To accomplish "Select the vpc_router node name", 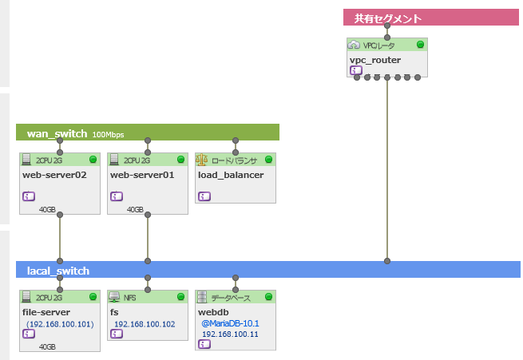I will tap(375, 59).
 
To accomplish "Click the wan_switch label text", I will tap(56, 133).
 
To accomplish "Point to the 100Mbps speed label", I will tap(108, 134).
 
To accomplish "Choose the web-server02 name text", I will tap(54, 175).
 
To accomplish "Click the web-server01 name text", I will tap(142, 175).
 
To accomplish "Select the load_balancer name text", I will tap(231, 175).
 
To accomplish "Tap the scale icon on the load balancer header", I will tap(201, 160).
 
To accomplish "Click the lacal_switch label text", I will tap(57, 271).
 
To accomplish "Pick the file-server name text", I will tap(46, 312).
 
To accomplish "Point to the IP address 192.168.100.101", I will tap(60, 324).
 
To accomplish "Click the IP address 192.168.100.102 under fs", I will tap(145, 324).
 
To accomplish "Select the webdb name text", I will tap(214, 312).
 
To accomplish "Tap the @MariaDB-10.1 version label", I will tap(230, 323).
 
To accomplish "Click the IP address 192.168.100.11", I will tap(230, 334).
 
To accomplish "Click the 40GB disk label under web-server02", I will tap(47, 210).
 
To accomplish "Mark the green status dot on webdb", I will tap(268, 297).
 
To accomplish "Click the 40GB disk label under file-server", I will tap(47, 347).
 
